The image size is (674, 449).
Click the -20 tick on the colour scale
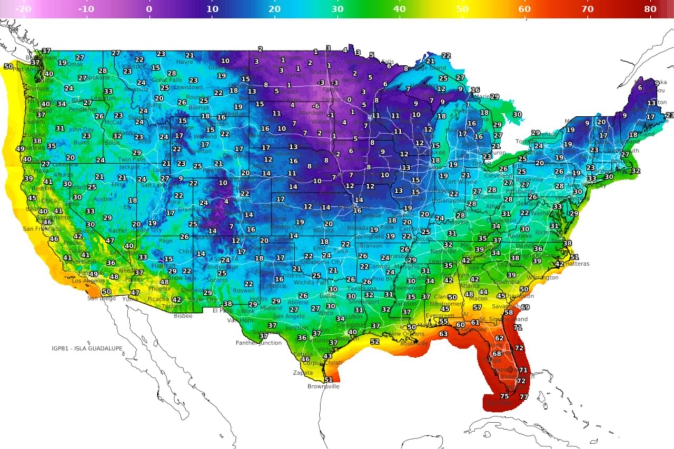pyautogui.click(x=24, y=9)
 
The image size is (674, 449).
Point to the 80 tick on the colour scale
pyautogui.click(x=649, y=9)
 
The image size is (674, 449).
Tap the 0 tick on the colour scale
pyautogui.click(x=149, y=9)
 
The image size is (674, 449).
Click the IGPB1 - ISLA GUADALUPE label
pyautogui.click(x=86, y=348)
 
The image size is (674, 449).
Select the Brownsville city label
pyautogui.click(x=323, y=386)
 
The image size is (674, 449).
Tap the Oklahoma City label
pyautogui.click(x=322, y=262)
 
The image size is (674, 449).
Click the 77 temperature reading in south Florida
pyautogui.click(x=524, y=396)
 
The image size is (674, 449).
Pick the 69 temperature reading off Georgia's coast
pyautogui.click(x=525, y=307)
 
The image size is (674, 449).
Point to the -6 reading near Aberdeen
pyautogui.click(x=316, y=106)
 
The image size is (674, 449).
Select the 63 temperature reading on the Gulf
pyautogui.click(x=443, y=334)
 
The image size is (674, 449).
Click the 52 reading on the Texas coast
pyautogui.click(x=374, y=342)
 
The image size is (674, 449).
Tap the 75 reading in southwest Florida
pyautogui.click(x=504, y=396)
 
